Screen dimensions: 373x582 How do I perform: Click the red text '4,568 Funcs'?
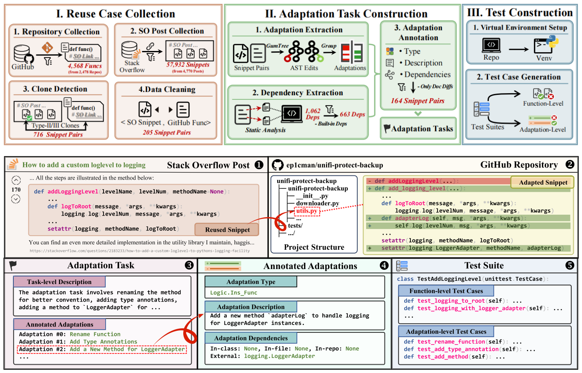85,66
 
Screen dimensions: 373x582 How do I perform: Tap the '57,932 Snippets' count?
188,64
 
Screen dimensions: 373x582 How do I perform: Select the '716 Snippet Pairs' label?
58,134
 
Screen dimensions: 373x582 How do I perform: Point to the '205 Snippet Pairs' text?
167,132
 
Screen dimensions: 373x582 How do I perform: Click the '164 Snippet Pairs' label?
418,101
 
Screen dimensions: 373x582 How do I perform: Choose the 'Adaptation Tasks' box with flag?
418,129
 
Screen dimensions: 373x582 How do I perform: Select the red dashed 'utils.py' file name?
307,211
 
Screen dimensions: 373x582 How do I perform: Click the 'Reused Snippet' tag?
227,229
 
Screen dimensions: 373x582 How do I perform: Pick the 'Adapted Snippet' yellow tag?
543,182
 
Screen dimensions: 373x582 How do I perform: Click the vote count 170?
16,190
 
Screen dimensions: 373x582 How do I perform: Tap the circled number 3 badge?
189,265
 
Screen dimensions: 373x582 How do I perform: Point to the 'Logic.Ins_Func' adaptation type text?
233,293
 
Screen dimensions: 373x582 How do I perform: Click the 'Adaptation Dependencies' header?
251,338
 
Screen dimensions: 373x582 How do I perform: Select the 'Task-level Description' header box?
59,282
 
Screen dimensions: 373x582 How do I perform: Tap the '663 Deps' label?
352,114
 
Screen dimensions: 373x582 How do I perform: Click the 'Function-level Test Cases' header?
446,291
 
